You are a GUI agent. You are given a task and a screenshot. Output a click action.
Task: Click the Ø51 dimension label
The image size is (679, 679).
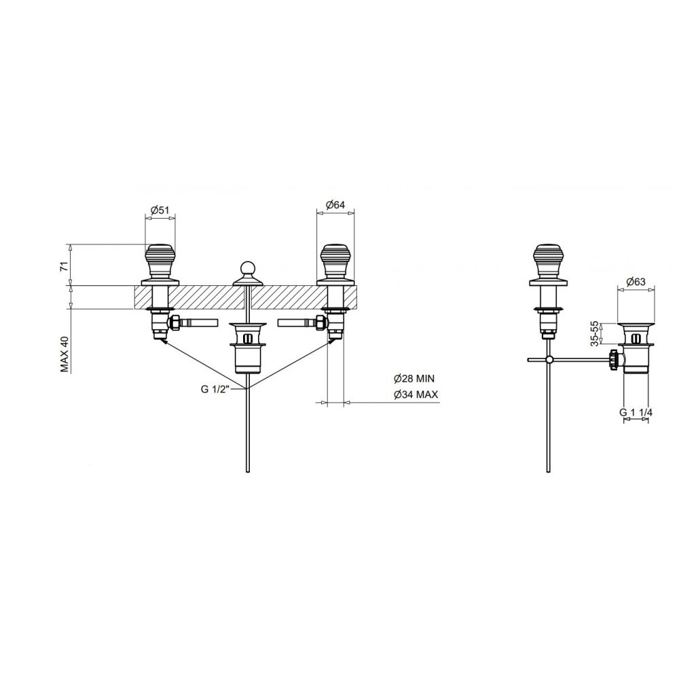(x=160, y=210)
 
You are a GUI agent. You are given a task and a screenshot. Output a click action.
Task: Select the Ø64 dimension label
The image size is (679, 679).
(x=335, y=205)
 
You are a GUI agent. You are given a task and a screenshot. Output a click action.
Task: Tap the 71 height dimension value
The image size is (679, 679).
(x=64, y=266)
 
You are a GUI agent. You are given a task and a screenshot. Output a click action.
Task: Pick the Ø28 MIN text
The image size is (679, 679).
(x=414, y=379)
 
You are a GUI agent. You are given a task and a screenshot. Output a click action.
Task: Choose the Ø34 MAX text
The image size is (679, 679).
(x=416, y=394)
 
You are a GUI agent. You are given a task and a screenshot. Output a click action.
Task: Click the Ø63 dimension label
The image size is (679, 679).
(x=636, y=282)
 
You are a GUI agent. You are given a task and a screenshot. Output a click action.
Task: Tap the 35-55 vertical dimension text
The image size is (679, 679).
(x=595, y=333)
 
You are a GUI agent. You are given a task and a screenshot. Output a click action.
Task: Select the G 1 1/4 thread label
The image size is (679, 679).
(x=636, y=412)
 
